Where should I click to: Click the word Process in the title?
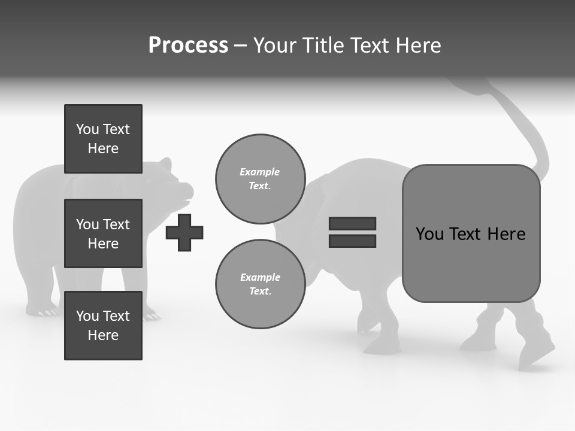(x=188, y=45)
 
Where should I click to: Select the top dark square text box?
(x=103, y=139)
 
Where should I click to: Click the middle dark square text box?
(x=103, y=233)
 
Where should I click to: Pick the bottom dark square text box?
(x=103, y=326)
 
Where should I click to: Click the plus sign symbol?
(x=184, y=232)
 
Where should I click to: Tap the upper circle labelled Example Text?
(x=261, y=179)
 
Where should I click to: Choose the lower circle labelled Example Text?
(x=261, y=284)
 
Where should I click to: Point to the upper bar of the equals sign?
(x=352, y=224)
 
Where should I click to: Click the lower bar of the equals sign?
(x=352, y=241)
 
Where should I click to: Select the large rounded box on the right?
(x=471, y=233)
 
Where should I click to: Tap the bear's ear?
(x=166, y=164)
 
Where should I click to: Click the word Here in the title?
(x=417, y=45)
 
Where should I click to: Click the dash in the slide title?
(x=240, y=45)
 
